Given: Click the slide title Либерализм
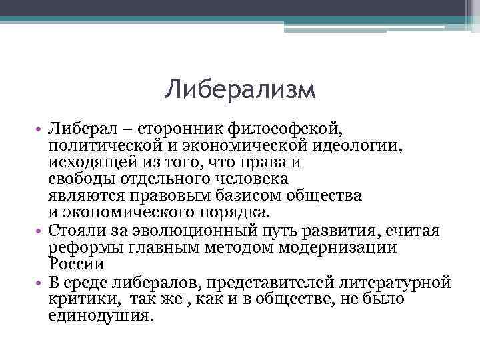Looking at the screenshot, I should point(239,89).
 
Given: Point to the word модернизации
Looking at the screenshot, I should point(346,248).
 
